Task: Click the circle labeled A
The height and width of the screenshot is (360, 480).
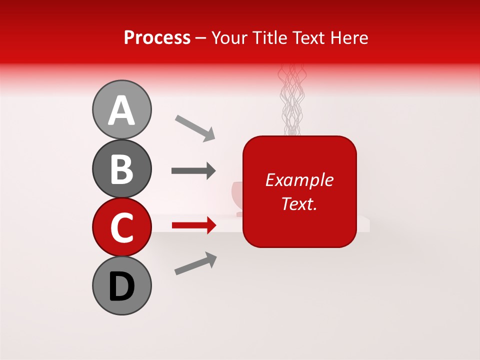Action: pyautogui.click(x=121, y=109)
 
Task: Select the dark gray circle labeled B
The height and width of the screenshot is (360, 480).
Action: pyautogui.click(x=121, y=168)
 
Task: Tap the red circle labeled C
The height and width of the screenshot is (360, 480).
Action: pyautogui.click(x=121, y=227)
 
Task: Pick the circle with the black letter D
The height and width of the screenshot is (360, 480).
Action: pyautogui.click(x=121, y=285)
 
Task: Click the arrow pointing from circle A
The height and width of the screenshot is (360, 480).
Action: pyautogui.click(x=195, y=127)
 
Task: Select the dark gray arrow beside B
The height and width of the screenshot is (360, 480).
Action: pyautogui.click(x=193, y=171)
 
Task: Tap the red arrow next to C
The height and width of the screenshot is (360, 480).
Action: pyautogui.click(x=193, y=225)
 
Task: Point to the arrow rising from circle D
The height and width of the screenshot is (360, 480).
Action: pyautogui.click(x=195, y=263)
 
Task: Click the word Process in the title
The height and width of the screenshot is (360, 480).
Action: pyautogui.click(x=157, y=38)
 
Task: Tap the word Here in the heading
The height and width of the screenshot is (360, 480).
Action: pyautogui.click(x=350, y=38)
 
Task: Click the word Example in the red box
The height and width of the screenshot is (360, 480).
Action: pyautogui.click(x=299, y=180)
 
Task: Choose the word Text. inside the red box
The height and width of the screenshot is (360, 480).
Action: pyautogui.click(x=299, y=203)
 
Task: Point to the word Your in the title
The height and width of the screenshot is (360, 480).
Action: pyautogui.click(x=229, y=38)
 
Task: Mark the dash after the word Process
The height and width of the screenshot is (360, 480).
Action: pyautogui.click(x=201, y=38)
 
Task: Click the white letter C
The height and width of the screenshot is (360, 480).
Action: pyautogui.click(x=121, y=227)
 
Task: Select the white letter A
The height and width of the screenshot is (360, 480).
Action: pyautogui.click(x=121, y=110)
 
